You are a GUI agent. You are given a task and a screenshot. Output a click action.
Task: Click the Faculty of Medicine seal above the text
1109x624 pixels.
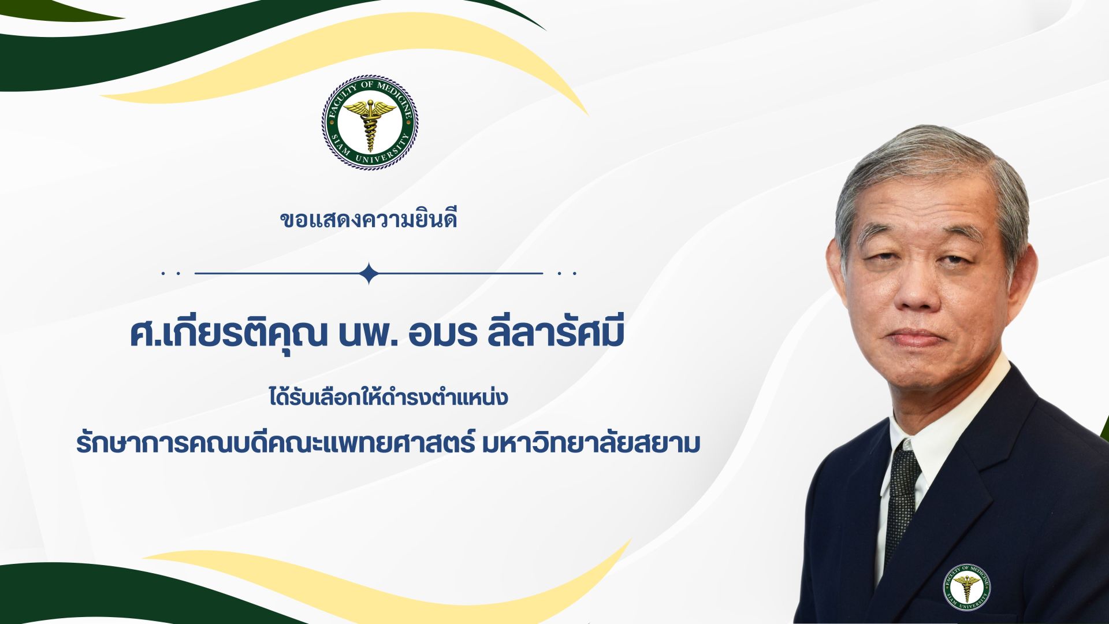coord(370,122)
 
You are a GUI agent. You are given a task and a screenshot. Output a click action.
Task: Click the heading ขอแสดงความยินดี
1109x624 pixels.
coord(369,220)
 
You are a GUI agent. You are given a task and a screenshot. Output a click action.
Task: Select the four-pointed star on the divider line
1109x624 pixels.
coord(369,273)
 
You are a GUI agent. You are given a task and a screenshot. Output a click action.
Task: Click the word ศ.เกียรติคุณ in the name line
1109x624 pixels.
coord(229,335)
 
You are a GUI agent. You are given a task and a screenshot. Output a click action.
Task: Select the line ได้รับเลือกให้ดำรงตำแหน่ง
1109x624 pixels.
coord(388,397)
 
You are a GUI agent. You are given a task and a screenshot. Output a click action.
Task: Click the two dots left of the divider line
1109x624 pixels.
coord(172,273)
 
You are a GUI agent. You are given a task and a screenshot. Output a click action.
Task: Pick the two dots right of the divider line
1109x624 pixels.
coord(567,273)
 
